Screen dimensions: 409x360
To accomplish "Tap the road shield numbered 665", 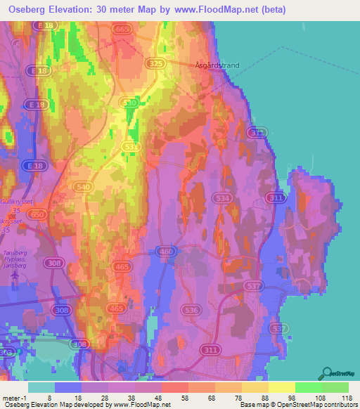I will click(122, 29).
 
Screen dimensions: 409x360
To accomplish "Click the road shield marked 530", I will click(129, 103).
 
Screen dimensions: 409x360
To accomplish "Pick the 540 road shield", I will click(84, 186).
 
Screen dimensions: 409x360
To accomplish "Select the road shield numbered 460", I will click(166, 251).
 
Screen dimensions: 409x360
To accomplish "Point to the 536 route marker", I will click(188, 309).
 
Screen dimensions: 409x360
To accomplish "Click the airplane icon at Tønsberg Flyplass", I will click(15, 276).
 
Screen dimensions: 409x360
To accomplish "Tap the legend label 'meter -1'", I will click(15, 397).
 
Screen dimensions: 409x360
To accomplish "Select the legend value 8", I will click(49, 397).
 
